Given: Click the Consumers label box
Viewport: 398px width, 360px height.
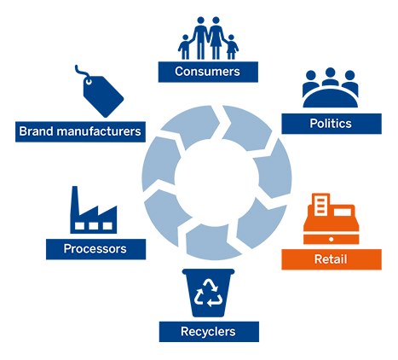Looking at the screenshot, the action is coord(208,72).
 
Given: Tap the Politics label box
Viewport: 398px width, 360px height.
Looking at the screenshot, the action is coord(332,124).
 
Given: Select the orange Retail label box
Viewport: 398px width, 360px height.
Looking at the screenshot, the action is coord(332,259).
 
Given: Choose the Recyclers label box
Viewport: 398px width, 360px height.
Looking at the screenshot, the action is coord(209,332).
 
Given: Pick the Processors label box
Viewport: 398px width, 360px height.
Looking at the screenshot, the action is coord(95,249).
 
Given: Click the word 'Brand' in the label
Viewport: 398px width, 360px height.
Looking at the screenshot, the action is coord(36,131).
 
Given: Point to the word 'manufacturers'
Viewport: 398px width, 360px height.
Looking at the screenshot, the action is coord(99,131).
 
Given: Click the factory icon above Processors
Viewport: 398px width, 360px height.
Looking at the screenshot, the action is coord(94,210).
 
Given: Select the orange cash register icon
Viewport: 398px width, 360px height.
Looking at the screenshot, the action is coord(332,219).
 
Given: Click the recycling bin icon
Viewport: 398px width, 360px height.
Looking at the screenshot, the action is coord(208,293).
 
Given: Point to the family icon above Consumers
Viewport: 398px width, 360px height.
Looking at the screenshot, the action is coord(208,38).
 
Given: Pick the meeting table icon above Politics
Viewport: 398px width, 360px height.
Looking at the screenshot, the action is coord(330,88).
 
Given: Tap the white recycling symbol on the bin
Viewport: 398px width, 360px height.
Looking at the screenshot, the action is coord(208,293).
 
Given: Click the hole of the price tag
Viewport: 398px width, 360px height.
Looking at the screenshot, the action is coord(89,82).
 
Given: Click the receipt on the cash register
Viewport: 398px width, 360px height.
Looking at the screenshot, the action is coord(320,205).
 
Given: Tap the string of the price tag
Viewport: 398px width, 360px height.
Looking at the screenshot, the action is coord(82,72).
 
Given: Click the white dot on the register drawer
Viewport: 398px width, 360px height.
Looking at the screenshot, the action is coord(331,240).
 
